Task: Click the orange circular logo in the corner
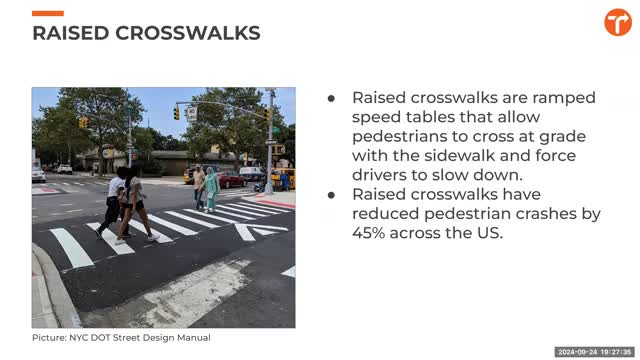tap(617, 23)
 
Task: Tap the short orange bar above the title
tap(48, 13)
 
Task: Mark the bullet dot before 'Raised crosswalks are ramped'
tap(332, 98)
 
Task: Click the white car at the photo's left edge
tap(38, 173)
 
